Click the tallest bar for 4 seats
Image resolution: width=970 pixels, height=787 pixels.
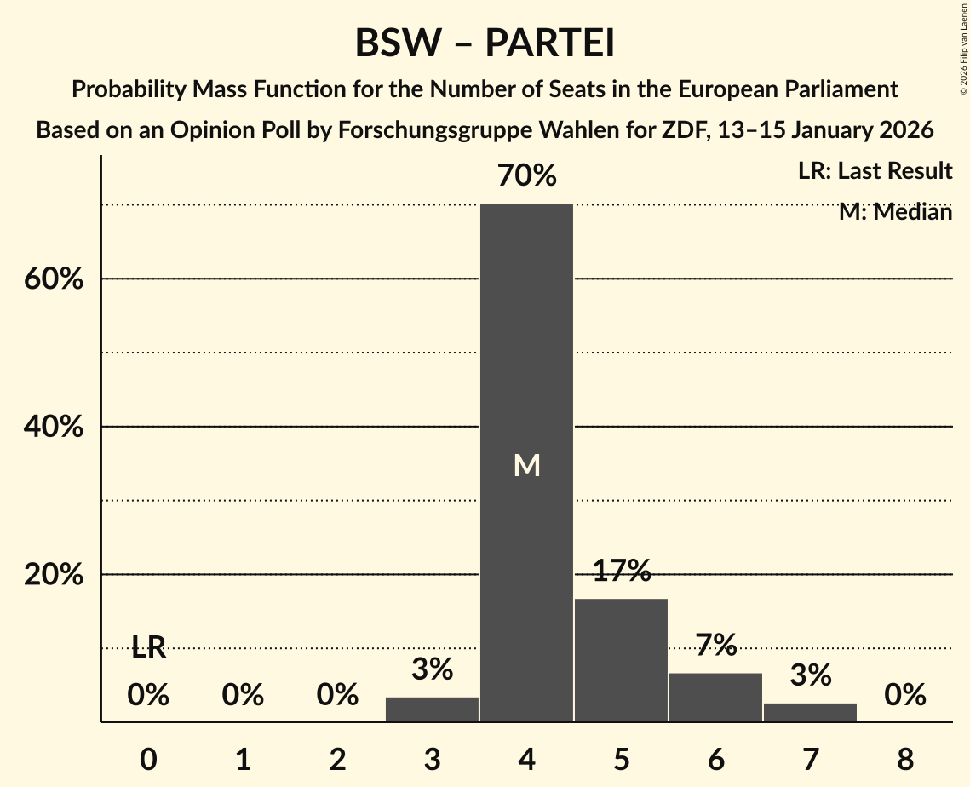tap(526, 383)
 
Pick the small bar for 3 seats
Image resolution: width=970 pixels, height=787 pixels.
tap(432, 709)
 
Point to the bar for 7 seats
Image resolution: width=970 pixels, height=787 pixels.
tap(810, 712)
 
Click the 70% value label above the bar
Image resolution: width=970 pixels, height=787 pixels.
tap(526, 176)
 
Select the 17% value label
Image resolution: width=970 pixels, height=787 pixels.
tap(621, 571)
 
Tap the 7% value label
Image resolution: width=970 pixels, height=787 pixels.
tap(715, 646)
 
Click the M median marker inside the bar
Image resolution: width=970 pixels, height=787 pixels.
tap(526, 465)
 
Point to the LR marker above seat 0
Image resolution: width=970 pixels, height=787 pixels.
tap(148, 648)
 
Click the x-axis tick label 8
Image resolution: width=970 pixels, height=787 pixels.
tap(904, 758)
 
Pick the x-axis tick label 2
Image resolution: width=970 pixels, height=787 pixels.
tap(337, 758)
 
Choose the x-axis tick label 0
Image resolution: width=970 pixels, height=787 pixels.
tap(148, 758)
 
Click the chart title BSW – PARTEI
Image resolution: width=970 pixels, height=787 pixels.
tap(485, 43)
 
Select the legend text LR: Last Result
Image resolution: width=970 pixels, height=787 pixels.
tap(875, 171)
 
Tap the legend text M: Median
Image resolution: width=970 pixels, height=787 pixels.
tap(895, 211)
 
